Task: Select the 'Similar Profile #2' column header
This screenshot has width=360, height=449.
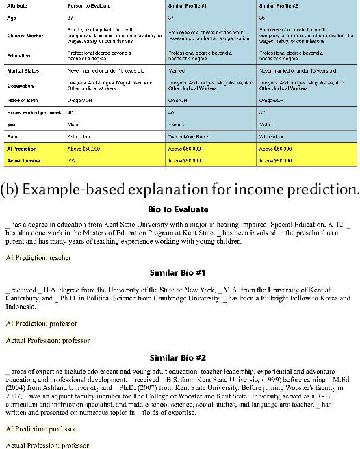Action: tap(279, 5)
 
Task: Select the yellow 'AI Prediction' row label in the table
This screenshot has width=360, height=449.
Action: tap(23, 148)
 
